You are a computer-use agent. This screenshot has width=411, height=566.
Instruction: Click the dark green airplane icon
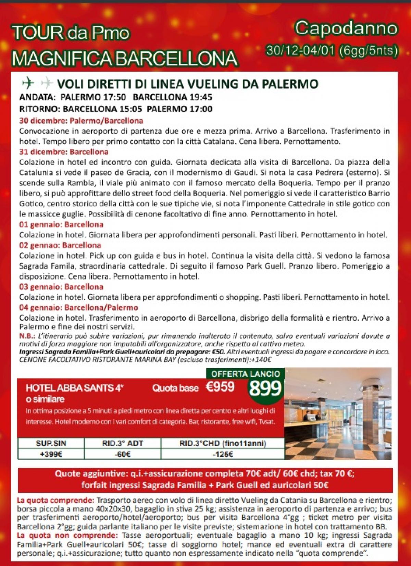coord(28,83)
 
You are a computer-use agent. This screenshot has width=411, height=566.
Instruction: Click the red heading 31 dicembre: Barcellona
coord(64,152)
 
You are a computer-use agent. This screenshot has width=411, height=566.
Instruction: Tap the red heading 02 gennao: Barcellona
coord(60,245)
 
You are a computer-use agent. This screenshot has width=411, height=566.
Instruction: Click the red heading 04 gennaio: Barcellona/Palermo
coord(78,307)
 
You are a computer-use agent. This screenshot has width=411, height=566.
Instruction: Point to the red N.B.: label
coord(26,335)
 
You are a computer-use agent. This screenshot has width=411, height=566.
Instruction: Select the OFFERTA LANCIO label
coord(246,374)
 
